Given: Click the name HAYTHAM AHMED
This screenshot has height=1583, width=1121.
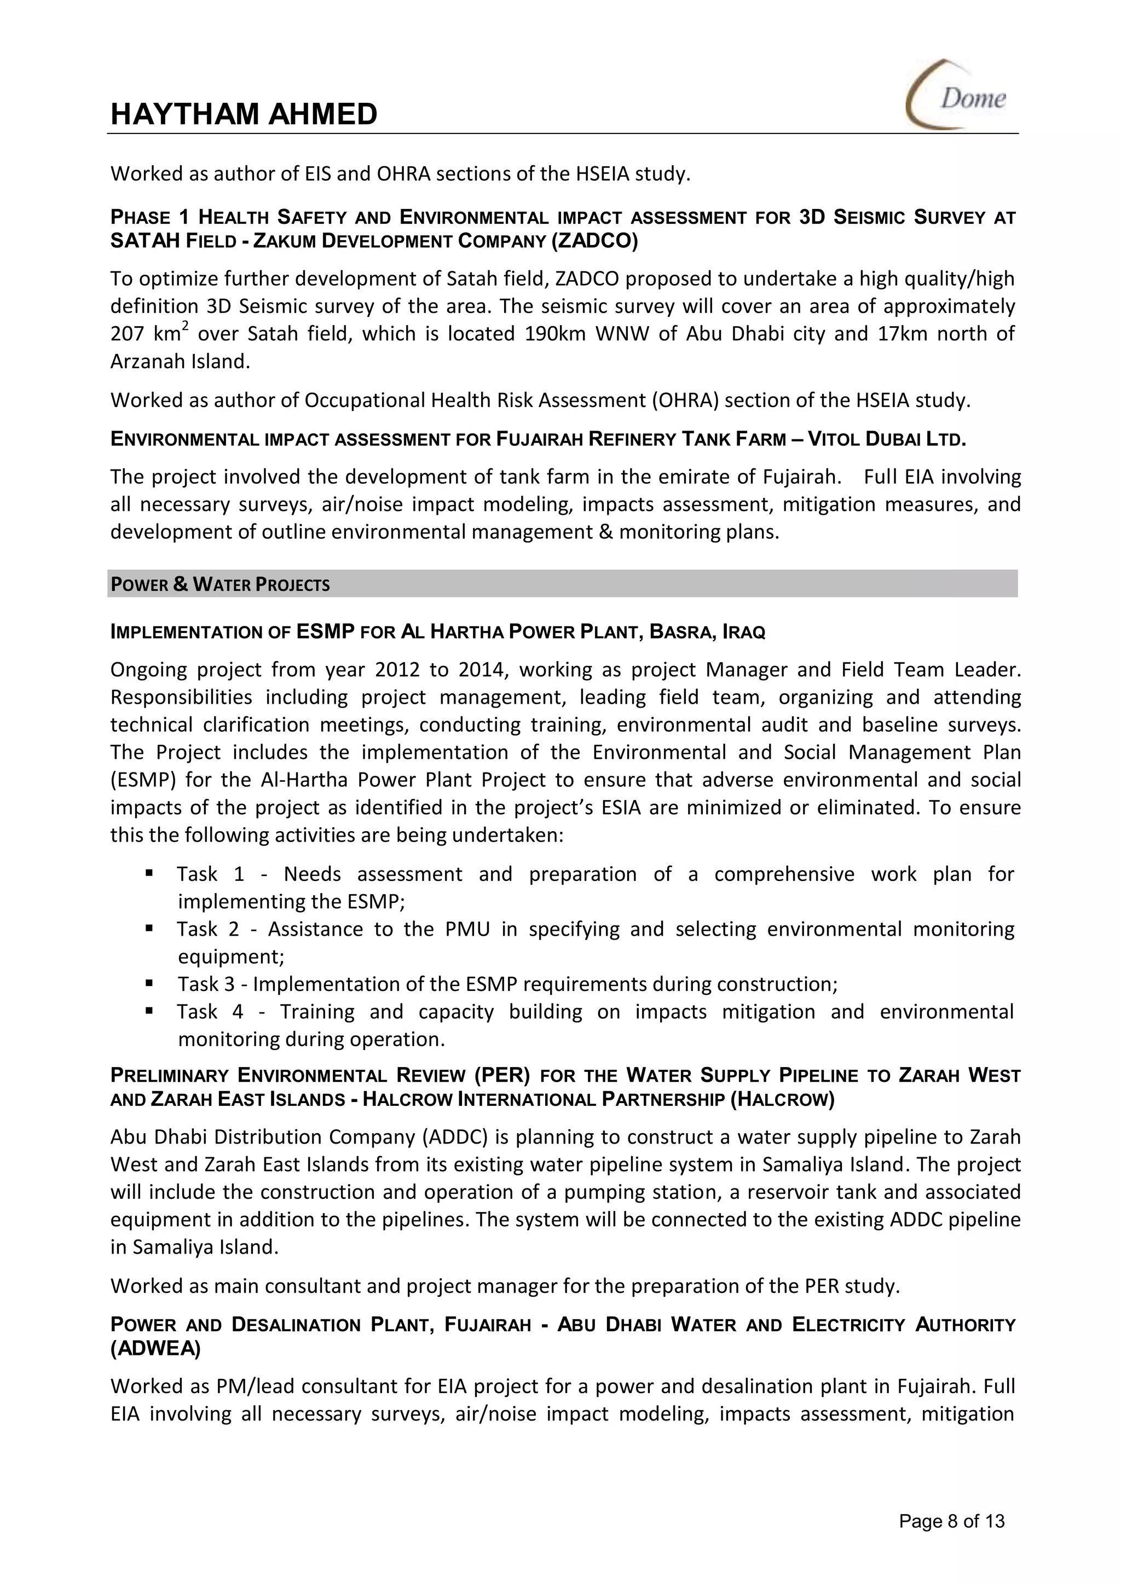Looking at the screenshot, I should click(x=244, y=114).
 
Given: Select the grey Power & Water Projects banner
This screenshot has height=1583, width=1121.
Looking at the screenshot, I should click(x=562, y=584).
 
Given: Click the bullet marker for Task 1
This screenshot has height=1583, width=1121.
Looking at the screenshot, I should click(x=149, y=872).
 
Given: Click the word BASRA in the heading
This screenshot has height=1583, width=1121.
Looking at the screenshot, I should click(x=680, y=632).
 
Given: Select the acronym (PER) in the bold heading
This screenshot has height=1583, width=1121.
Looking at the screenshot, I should click(x=501, y=1075).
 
